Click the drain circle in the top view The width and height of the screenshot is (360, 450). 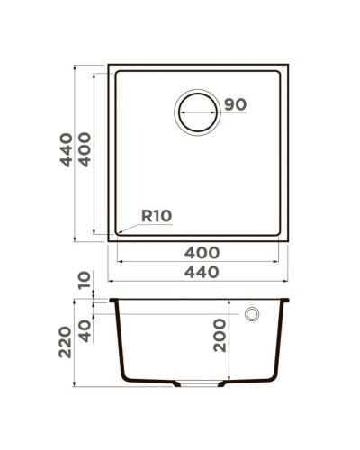(197, 112)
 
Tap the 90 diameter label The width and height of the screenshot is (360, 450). (235, 104)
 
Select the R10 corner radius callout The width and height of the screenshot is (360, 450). (157, 215)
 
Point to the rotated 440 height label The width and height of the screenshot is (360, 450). (67, 150)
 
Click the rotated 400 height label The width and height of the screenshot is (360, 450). (85, 150)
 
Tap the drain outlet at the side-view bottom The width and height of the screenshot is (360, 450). (197, 384)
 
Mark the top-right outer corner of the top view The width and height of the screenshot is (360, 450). (288, 65)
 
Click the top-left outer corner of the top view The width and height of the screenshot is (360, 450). (109, 65)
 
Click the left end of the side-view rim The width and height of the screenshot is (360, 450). (111, 301)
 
